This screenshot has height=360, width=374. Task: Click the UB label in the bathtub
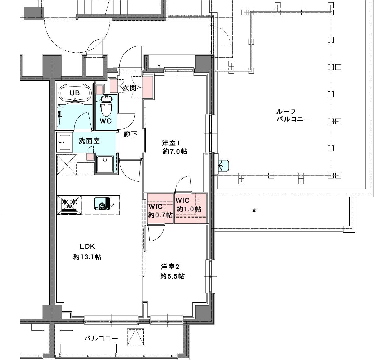point(75,93)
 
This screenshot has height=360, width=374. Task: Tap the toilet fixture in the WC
point(106,106)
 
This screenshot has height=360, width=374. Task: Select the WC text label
point(106,121)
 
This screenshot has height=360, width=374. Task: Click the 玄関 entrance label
point(130,88)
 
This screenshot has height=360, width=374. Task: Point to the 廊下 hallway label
point(130,134)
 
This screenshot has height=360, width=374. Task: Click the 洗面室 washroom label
point(89,141)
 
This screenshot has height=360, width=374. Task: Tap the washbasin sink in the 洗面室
point(64,142)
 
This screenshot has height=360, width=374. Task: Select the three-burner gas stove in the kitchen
point(69,205)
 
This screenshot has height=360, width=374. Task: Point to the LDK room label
point(87,246)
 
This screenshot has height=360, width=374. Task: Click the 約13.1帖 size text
point(87,257)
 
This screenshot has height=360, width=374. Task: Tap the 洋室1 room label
point(171,143)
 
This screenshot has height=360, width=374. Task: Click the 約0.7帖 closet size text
point(160,215)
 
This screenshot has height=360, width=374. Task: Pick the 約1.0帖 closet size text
point(189,209)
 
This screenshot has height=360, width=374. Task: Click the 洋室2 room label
point(170,267)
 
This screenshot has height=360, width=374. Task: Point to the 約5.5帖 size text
point(173,276)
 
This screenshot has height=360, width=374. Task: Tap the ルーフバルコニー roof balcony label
point(293,115)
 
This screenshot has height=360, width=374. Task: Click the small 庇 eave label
point(254,210)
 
